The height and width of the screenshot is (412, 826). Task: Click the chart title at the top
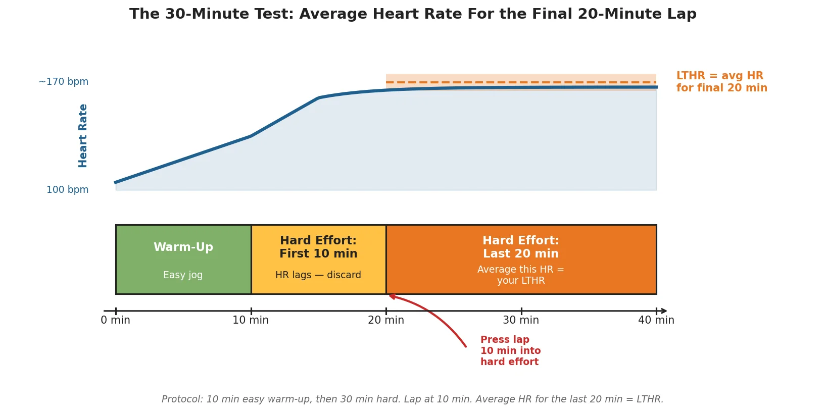[413, 14]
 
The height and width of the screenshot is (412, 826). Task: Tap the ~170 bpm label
[64, 82]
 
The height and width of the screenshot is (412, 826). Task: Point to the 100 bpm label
[67, 190]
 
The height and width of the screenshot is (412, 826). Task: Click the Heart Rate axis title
[83, 135]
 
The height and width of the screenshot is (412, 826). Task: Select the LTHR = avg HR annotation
[721, 82]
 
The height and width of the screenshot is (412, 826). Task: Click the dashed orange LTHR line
[520, 82]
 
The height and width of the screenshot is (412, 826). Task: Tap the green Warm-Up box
[183, 259]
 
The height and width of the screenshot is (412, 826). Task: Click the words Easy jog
[183, 275]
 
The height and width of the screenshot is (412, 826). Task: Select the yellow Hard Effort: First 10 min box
[318, 259]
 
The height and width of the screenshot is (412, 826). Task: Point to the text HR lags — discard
[318, 275]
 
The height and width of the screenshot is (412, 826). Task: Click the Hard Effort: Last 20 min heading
[520, 247]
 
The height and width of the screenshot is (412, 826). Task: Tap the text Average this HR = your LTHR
[520, 275]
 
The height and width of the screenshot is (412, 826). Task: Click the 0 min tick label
[115, 320]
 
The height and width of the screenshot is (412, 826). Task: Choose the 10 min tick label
[251, 320]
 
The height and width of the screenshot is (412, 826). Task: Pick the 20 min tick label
[386, 320]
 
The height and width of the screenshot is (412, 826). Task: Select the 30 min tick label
[520, 320]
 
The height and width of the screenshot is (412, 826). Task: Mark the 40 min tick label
[656, 320]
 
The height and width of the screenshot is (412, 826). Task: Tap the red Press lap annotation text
[510, 351]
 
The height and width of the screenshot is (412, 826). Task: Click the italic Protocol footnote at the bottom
[412, 399]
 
